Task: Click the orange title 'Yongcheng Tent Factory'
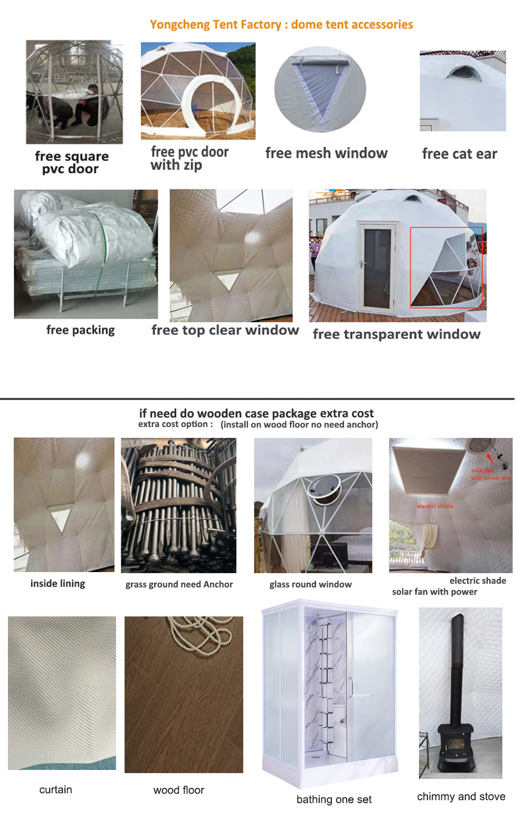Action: click(215, 25)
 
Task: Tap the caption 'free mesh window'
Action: click(327, 154)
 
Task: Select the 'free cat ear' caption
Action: click(460, 154)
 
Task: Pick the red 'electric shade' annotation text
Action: click(435, 506)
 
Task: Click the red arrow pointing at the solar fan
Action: click(490, 459)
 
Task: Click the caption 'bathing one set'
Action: click(334, 799)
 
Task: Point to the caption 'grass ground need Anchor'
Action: click(179, 584)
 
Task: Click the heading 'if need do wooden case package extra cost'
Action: click(256, 413)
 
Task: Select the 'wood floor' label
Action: click(178, 790)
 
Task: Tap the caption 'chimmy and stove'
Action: click(461, 796)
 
